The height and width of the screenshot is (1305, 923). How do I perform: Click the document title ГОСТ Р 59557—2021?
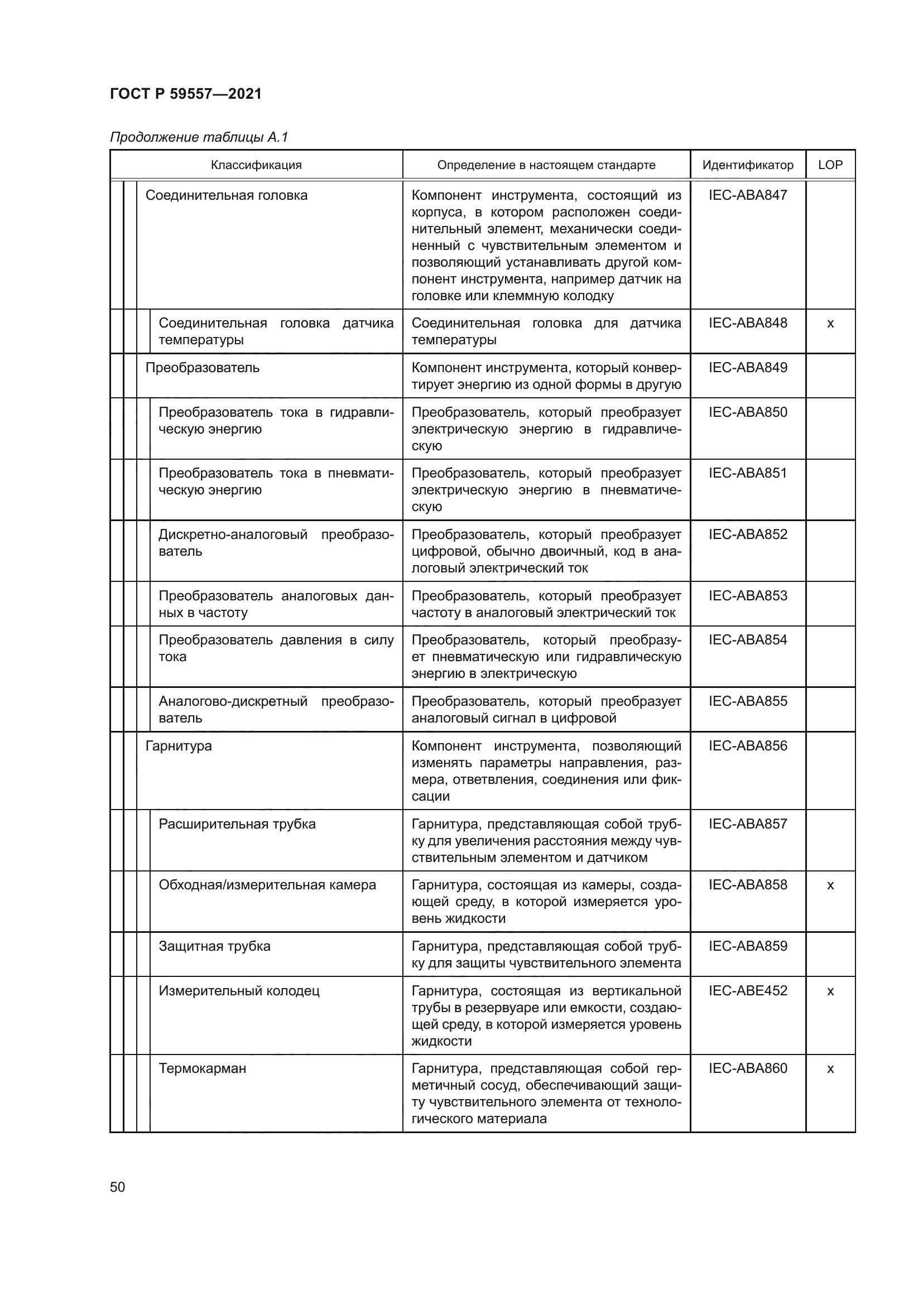point(185,94)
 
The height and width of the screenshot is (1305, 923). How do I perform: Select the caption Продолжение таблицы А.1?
point(199,137)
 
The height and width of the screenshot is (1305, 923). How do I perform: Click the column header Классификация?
point(256,165)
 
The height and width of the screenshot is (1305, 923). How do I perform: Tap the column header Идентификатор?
point(747,165)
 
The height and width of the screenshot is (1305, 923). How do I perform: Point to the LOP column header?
point(830,165)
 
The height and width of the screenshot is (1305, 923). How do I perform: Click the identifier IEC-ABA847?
point(747,195)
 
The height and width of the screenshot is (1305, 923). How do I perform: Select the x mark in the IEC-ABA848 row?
point(830,324)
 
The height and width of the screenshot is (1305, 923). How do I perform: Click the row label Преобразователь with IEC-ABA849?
point(203,368)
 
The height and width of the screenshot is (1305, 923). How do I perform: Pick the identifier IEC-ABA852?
point(747,534)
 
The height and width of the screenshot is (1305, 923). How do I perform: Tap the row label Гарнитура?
point(179,746)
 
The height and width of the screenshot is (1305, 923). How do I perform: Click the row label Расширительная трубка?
point(237,824)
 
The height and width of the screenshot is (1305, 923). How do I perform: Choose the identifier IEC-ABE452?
point(747,991)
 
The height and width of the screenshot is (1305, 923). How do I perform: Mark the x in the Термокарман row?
point(830,1069)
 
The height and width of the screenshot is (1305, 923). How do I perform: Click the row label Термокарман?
point(203,1068)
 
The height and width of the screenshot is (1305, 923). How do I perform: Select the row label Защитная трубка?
point(214,946)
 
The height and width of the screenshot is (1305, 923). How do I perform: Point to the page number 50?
point(118,1187)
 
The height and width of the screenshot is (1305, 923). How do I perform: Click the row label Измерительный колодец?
point(239,991)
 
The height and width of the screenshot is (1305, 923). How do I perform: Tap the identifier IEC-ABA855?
point(747,701)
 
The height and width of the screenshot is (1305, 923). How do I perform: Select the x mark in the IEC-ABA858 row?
point(830,885)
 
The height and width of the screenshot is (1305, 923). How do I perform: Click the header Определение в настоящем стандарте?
point(546,165)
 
